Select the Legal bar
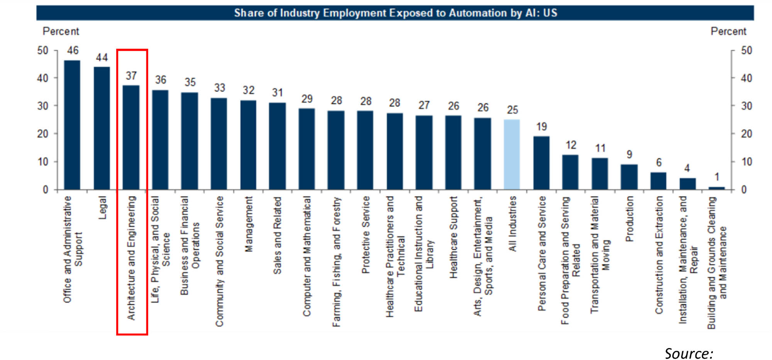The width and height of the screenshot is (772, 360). [x=102, y=128]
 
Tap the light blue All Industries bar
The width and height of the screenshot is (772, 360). [x=512, y=154]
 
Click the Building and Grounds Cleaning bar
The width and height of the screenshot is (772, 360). [x=717, y=188]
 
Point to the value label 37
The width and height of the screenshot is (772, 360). [x=131, y=76]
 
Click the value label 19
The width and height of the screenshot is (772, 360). [x=542, y=127]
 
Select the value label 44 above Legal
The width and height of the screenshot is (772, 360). [x=102, y=57]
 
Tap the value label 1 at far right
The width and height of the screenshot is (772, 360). [x=717, y=177]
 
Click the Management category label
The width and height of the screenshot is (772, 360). [x=249, y=224]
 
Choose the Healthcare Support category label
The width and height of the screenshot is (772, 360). [x=454, y=237]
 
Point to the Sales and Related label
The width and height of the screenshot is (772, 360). [x=278, y=235]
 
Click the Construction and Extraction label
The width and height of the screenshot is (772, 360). [x=659, y=255]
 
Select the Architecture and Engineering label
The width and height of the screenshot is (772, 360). [x=132, y=258]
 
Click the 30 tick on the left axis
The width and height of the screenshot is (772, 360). [x=43, y=106]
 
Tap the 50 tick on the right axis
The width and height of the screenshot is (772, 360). [x=747, y=51]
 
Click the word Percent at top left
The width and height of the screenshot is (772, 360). [x=61, y=31]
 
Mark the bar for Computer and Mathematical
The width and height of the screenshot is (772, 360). [x=307, y=149]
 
